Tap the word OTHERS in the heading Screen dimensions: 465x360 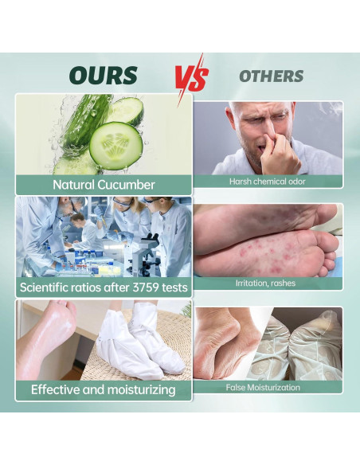[272, 76]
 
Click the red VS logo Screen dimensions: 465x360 [191, 76]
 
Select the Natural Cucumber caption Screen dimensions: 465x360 [104, 185]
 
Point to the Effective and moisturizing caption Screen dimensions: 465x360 [104, 389]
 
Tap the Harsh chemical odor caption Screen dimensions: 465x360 [267, 182]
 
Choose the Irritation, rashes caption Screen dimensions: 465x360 [267, 283]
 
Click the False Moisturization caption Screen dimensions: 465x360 [267, 387]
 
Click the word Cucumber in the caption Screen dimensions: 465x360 [127, 185]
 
